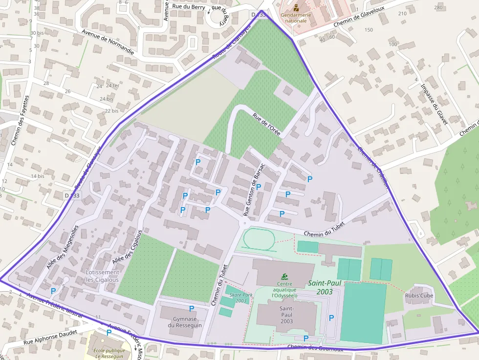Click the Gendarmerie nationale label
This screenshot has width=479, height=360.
[x=296, y=18]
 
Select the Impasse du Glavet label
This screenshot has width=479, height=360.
[x=434, y=104]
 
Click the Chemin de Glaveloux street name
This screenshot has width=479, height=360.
[x=360, y=18]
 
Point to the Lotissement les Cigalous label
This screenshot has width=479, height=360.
[x=102, y=276]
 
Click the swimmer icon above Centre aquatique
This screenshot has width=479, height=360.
[x=284, y=277]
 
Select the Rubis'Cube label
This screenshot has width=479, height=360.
[x=419, y=296]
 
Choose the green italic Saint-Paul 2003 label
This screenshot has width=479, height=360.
[x=320, y=287]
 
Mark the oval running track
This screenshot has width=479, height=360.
[x=259, y=240]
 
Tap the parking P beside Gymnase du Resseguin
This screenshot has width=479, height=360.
[x=192, y=308]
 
